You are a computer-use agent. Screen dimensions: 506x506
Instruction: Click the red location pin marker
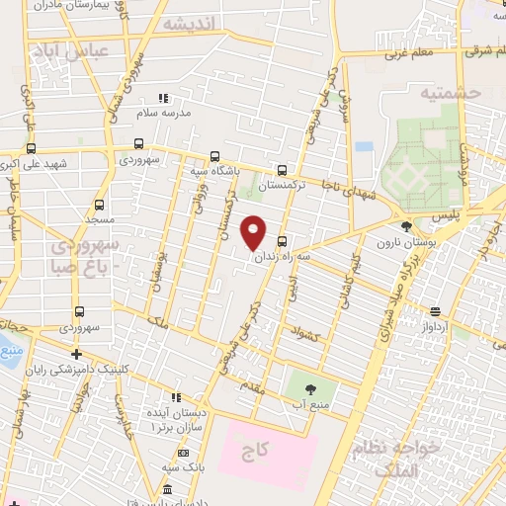pos(254,231)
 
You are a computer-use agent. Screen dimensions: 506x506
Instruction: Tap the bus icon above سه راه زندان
pos(283,241)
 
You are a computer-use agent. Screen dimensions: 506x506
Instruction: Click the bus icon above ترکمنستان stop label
pos(284,169)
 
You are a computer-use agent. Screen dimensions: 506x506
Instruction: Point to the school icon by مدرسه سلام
pos(163,98)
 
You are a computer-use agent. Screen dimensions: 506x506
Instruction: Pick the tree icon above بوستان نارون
pos(406,226)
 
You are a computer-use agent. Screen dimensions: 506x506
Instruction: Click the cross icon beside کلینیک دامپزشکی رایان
pos(75,353)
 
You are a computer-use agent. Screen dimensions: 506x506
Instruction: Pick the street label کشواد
pos(305,334)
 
